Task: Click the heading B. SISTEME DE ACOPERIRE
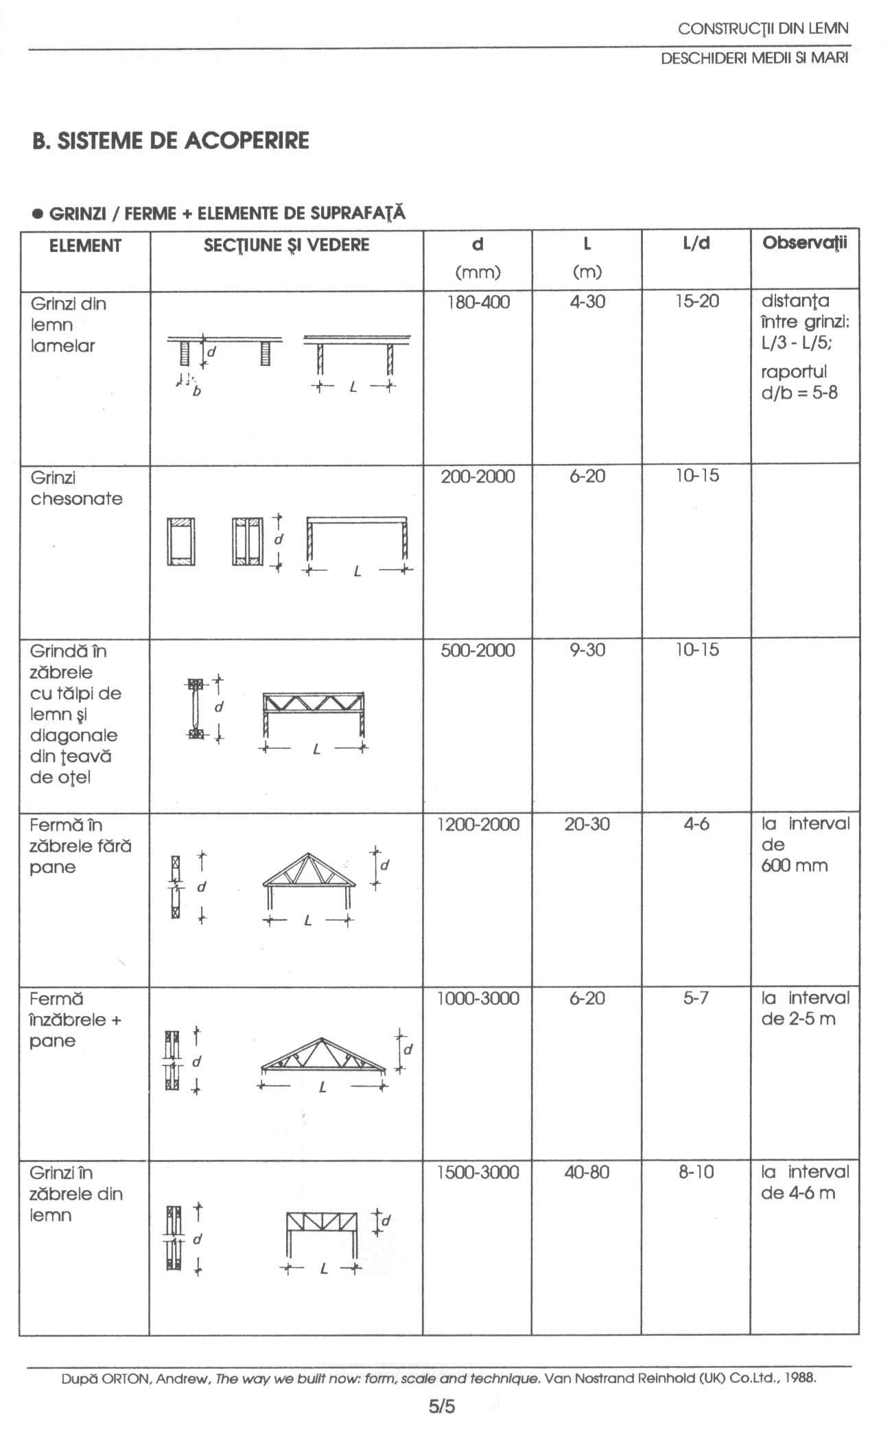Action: pyautogui.click(x=171, y=141)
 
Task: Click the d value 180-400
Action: pyautogui.click(x=478, y=302)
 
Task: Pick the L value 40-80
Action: pyautogui.click(x=587, y=1172)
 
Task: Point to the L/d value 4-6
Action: pyautogui.click(x=696, y=824)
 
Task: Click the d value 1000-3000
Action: pyautogui.click(x=478, y=998)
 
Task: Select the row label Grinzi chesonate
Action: pyautogui.click(x=76, y=488)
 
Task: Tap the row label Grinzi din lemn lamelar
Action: pyautogui.click(x=68, y=325)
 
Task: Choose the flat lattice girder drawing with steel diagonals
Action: pyautogui.click(x=314, y=714)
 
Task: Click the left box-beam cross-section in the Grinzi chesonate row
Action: pyautogui.click(x=180, y=542)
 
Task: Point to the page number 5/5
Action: pyautogui.click(x=442, y=1406)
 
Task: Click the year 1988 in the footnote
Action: pyautogui.click(x=801, y=1377)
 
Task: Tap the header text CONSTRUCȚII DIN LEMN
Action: pyautogui.click(x=762, y=29)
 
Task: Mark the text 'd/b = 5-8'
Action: pyautogui.click(x=799, y=393)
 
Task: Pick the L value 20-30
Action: pyautogui.click(x=587, y=824)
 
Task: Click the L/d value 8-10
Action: pyautogui.click(x=696, y=1172)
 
